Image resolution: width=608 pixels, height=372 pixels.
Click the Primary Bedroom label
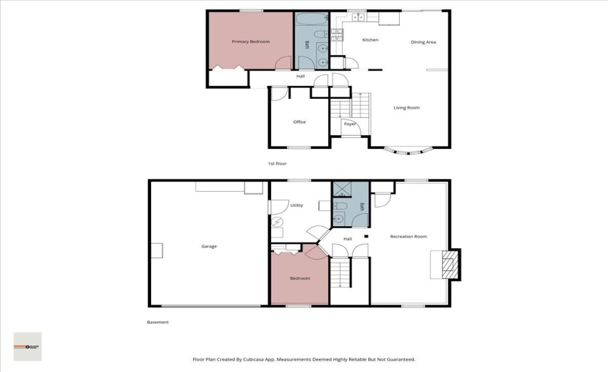250,41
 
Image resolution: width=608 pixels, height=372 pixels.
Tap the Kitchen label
370,40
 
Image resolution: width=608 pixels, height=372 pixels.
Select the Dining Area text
423,42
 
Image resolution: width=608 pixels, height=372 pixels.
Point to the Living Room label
406,108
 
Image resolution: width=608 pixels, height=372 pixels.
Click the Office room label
299,122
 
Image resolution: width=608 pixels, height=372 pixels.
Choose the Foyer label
350,124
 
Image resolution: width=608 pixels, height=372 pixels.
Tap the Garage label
209,246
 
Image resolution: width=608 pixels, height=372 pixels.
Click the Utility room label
296,205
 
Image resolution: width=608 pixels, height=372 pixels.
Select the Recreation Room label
408,236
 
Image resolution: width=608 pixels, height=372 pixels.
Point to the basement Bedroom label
299,278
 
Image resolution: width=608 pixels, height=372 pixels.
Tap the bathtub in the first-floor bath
312,19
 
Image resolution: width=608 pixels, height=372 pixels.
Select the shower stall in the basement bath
342,190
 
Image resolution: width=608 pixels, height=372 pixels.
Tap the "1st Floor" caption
277,164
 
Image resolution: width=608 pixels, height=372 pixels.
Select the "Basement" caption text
157,323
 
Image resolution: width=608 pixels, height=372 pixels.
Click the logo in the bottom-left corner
28,346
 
